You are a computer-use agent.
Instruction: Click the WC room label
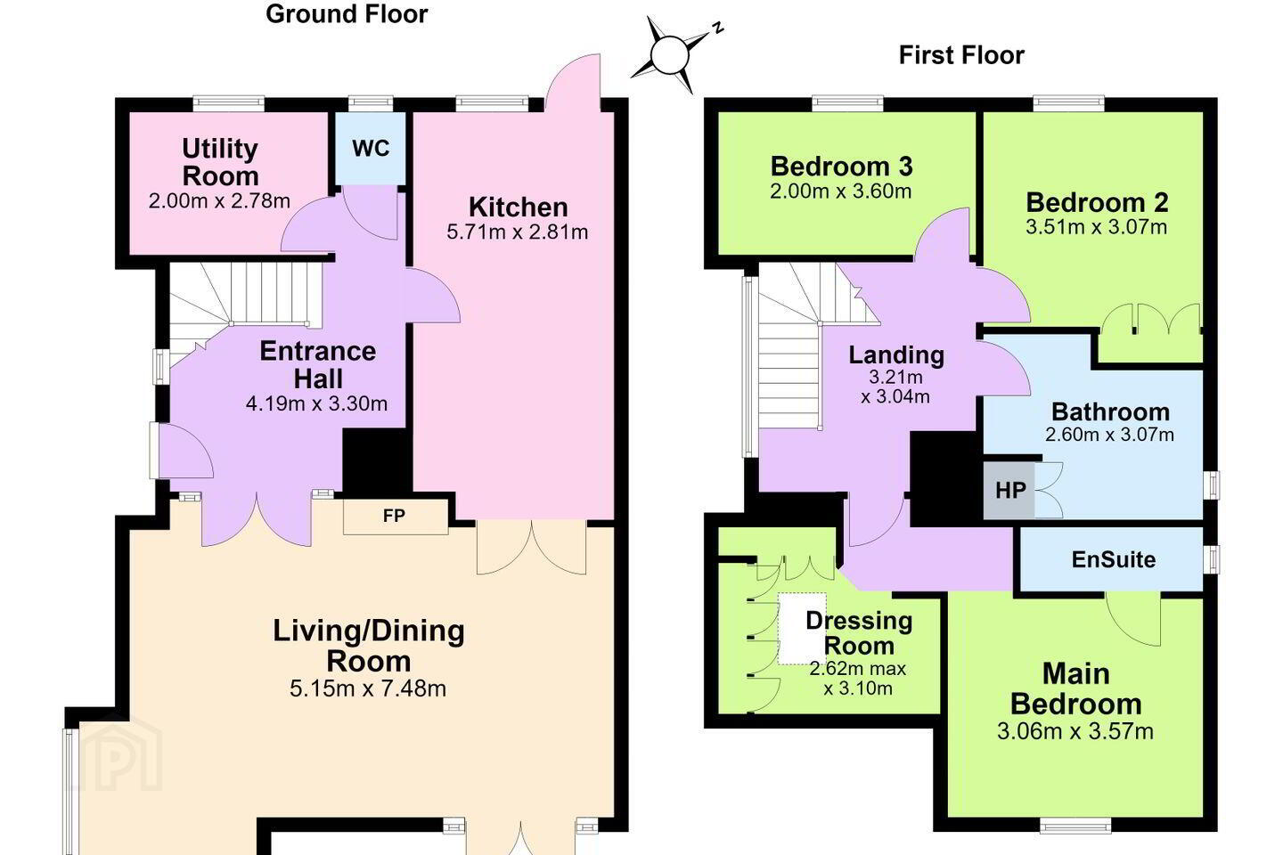click(371, 149)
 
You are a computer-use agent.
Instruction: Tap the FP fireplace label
click(394, 516)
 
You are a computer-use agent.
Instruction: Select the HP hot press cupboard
click(1009, 490)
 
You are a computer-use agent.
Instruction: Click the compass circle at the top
click(670, 55)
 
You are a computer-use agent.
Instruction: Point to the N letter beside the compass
click(718, 28)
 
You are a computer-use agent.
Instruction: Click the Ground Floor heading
click(347, 14)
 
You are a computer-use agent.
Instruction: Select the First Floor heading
click(961, 55)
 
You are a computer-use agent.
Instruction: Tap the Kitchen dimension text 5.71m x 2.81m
click(517, 232)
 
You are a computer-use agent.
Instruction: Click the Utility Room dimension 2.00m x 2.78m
click(219, 201)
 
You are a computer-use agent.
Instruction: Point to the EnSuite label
click(1114, 559)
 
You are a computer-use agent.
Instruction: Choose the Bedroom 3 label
click(841, 167)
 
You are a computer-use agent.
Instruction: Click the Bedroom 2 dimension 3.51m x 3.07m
click(1096, 227)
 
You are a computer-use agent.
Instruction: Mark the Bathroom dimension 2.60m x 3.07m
click(1109, 435)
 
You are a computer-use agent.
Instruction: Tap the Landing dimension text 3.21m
click(895, 378)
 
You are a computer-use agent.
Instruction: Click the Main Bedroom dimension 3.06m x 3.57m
click(1075, 731)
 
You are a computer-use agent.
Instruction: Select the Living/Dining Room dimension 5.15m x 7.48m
click(368, 688)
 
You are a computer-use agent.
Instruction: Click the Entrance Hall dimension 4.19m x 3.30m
click(317, 403)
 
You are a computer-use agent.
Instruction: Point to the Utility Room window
click(228, 103)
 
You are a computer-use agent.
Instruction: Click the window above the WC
click(371, 103)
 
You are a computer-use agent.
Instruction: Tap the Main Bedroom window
click(1075, 826)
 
